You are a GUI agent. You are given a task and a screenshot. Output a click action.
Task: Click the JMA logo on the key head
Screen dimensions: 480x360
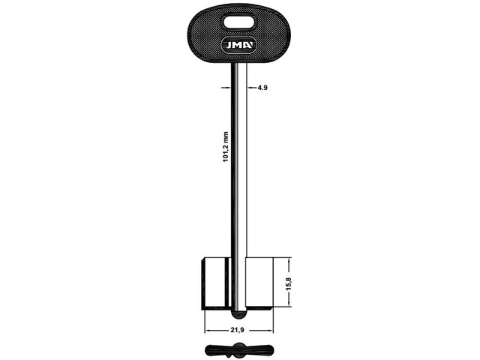point(239,45)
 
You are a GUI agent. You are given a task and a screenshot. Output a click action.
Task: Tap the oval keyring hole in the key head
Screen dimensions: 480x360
point(239,23)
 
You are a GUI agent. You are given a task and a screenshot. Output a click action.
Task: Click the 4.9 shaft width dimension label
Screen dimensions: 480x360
point(262,88)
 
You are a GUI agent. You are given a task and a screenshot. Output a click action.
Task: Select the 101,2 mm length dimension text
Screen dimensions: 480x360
point(226,147)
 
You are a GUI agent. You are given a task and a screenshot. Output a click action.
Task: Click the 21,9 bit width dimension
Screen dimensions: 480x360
point(237,330)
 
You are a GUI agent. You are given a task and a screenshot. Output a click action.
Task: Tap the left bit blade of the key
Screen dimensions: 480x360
point(216,283)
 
